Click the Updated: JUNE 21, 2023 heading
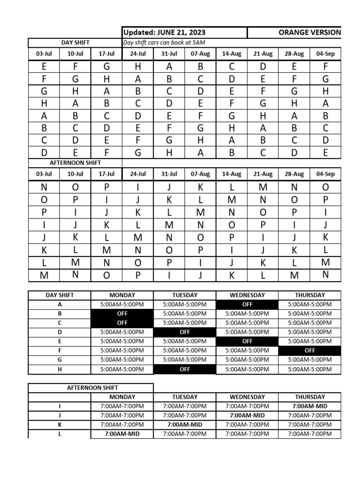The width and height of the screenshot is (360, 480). [164, 32]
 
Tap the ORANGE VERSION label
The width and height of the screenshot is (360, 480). [309, 32]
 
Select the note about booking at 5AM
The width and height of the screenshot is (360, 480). [164, 43]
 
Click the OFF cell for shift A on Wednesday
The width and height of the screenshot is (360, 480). [247, 304]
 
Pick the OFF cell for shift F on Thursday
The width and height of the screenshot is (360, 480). [310, 350]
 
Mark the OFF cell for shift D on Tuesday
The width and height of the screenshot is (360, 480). [185, 332]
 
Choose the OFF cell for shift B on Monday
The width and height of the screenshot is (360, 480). [122, 314]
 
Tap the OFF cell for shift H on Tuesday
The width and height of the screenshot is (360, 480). [185, 369]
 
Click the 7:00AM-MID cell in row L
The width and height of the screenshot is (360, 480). [122, 434]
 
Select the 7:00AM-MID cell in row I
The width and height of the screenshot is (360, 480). [310, 406]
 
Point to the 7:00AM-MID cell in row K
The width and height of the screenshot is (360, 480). [185, 424]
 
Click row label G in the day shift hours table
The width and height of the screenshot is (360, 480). [60, 360]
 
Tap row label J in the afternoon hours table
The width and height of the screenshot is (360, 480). [60, 415]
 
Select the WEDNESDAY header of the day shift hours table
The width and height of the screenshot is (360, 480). [247, 295]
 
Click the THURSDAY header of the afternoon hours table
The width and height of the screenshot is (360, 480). [310, 397]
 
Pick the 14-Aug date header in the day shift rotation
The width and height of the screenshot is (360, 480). [232, 54]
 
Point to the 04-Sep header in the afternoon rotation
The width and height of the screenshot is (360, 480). [326, 174]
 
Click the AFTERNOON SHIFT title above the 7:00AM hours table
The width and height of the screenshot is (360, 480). [91, 388]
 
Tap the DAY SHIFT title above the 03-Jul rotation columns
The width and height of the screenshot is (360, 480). [75, 43]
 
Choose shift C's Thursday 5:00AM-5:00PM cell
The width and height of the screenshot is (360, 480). [310, 323]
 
